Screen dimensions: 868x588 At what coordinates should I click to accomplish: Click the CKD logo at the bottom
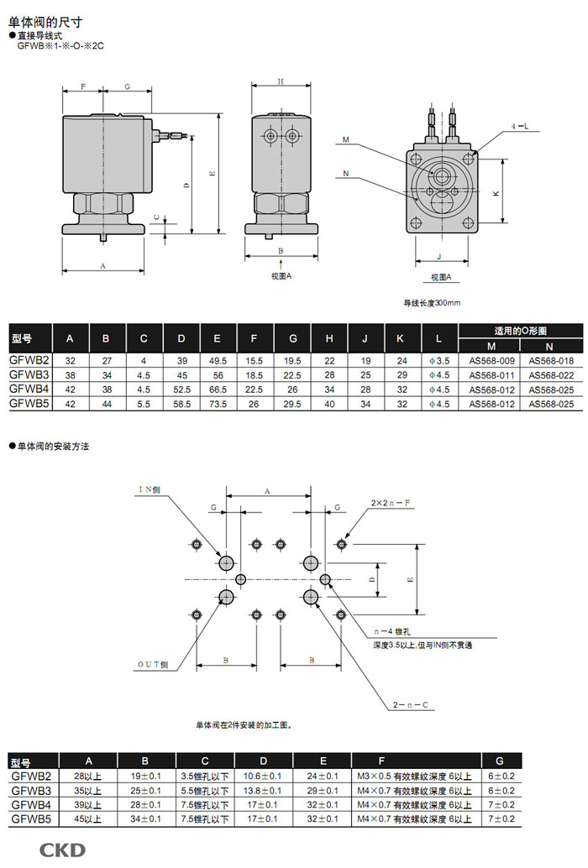coord(62,850)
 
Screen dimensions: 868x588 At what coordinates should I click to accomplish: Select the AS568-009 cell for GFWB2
coord(489,359)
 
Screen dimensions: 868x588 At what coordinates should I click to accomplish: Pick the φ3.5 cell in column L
coord(438,359)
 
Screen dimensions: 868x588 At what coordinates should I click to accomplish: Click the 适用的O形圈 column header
coord(520,330)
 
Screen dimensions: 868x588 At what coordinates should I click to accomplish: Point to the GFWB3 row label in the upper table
coord(29,374)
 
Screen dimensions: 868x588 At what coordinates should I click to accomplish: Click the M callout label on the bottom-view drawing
coord(346,140)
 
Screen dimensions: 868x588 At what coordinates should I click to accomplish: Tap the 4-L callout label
coord(520,126)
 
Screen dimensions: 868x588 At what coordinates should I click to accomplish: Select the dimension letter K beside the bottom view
coord(496,193)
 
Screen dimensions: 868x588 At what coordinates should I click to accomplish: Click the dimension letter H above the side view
coord(281,81)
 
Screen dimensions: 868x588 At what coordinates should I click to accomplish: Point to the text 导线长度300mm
coord(432,302)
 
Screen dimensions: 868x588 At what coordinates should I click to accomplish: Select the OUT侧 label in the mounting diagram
coord(153,664)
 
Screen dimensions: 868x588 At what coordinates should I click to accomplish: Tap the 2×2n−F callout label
coord(390,502)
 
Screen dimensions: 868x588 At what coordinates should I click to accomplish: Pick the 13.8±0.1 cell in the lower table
coord(263,790)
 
